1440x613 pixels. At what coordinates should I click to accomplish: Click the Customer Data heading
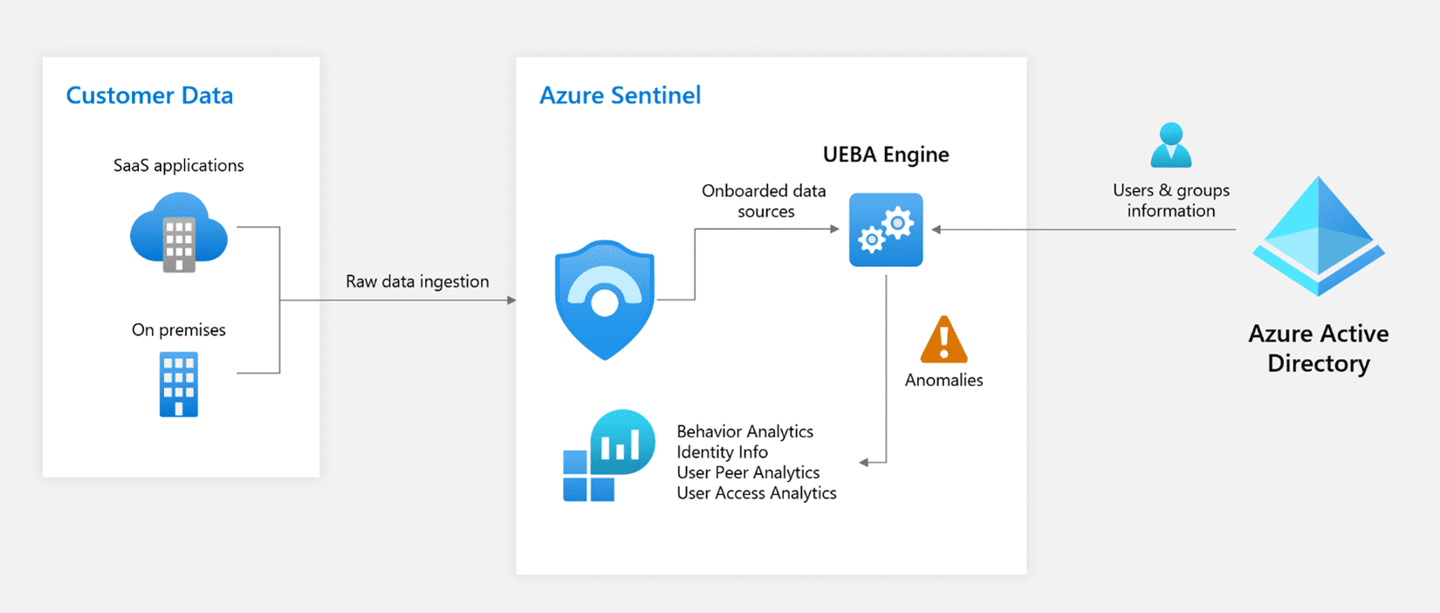[x=149, y=95]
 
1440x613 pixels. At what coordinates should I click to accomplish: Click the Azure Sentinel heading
[x=620, y=95]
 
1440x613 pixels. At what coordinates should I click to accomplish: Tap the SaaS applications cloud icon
[x=179, y=231]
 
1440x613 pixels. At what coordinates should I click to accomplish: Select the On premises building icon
[x=179, y=384]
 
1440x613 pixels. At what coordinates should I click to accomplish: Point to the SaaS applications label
[x=179, y=166]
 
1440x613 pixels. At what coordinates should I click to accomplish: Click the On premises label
[x=179, y=330]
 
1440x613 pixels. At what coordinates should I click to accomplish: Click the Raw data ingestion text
[x=417, y=281]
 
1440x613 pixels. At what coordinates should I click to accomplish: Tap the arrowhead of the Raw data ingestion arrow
[x=512, y=300]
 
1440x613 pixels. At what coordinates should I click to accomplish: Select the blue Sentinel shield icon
[x=605, y=300]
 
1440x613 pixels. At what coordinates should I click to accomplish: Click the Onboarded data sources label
[x=765, y=201]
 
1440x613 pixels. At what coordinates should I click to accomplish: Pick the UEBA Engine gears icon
[x=886, y=230]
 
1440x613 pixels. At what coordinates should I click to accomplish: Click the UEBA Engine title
[x=886, y=155]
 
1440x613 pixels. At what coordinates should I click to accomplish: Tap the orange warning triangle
[x=943, y=341]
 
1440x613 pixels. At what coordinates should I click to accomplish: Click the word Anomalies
[x=943, y=380]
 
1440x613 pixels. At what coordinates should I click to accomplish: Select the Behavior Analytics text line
[x=744, y=431]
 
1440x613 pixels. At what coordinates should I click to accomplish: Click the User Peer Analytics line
[x=748, y=472]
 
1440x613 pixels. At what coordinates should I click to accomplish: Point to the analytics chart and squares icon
[x=608, y=455]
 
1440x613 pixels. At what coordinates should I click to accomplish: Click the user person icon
[x=1170, y=145]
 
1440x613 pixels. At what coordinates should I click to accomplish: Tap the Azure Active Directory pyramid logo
[x=1318, y=236]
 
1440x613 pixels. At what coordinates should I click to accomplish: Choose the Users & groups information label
[x=1170, y=200]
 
